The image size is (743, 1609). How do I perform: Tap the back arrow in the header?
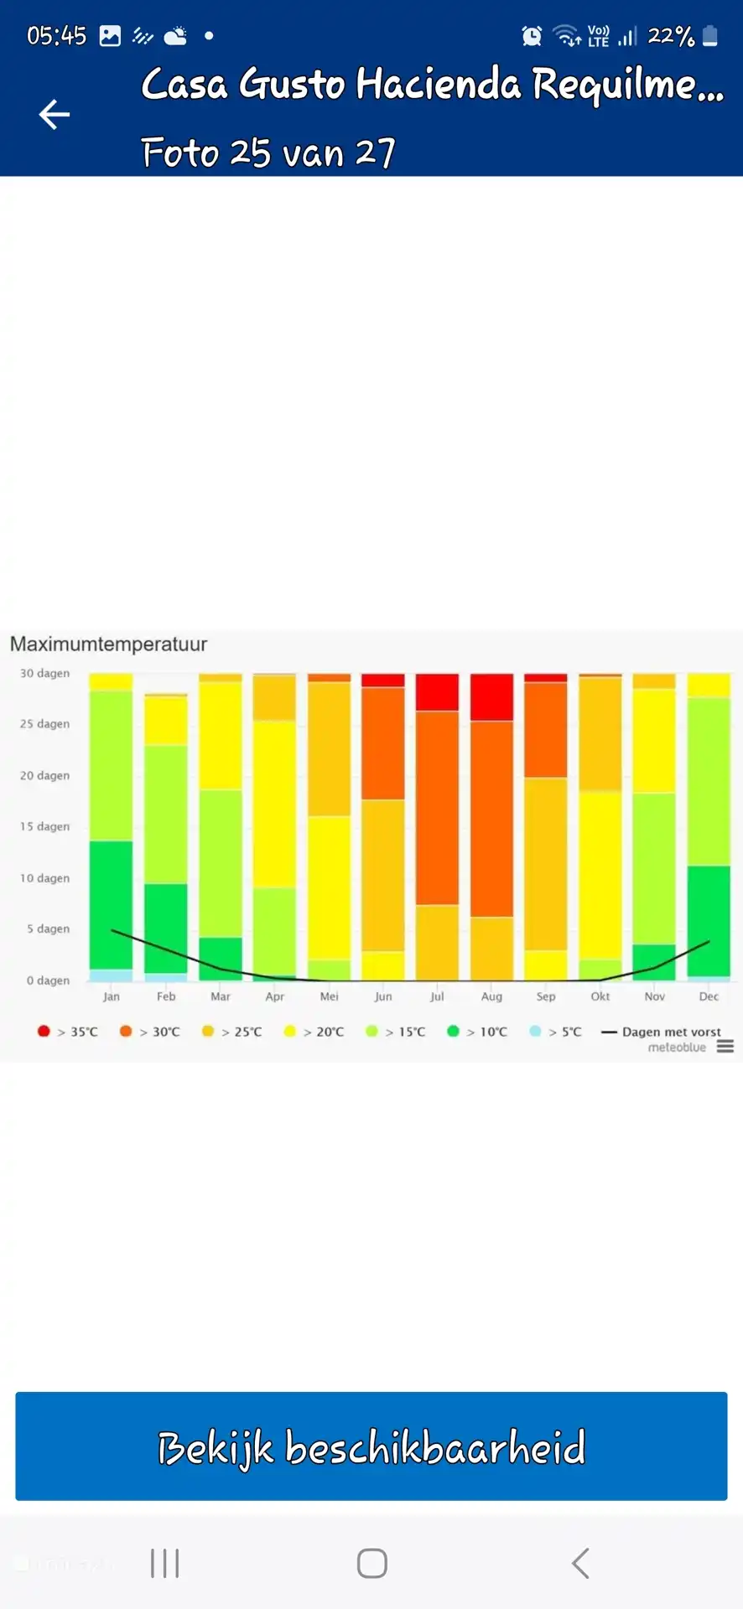coord(55,115)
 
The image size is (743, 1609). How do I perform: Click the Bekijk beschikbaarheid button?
coord(371,1446)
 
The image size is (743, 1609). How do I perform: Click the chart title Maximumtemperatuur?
coord(108,644)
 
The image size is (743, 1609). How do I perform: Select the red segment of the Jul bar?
coord(437,692)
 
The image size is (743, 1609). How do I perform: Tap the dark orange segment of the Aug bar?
coord(491,818)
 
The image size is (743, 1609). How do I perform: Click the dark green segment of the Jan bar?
coord(111,905)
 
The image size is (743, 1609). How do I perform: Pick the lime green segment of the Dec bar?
coord(709,781)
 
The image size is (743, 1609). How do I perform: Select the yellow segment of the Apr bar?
coord(274,803)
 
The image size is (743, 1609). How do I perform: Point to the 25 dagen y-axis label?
coord(45,724)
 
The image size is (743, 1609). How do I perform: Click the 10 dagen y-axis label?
coord(45,878)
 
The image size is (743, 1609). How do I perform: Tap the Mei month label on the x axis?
coord(329,996)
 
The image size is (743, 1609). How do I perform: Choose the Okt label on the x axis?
coord(600,996)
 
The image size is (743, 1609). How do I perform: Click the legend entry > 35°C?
coord(68,1032)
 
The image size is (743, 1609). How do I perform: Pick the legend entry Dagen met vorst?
coord(662,1032)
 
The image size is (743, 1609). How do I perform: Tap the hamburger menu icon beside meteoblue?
coord(725,1047)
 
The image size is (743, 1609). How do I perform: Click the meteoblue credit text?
coord(677,1048)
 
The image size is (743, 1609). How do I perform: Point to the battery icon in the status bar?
coord(709,36)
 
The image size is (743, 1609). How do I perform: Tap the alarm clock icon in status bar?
coord(532,36)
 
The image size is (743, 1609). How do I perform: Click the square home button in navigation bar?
coord(371,1563)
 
